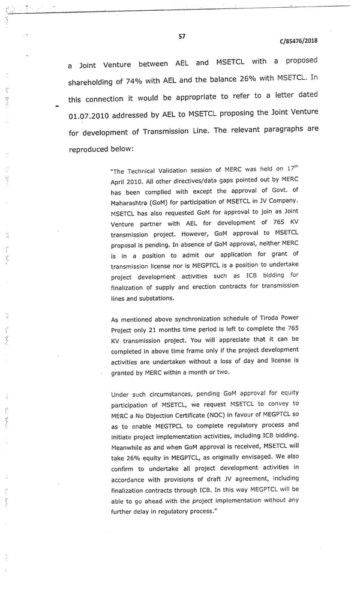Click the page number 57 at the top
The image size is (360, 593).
[x=182, y=36]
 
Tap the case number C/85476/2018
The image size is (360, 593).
[x=298, y=41]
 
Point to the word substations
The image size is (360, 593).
[x=157, y=298]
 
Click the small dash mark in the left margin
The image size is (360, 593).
[x=57, y=107]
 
